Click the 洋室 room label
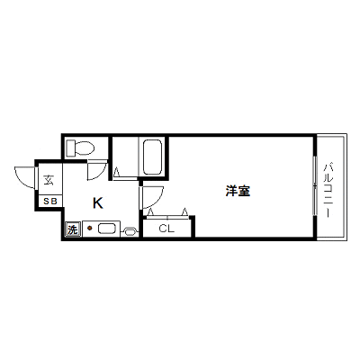238,191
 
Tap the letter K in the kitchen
98,203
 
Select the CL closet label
166,229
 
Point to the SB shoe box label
50,202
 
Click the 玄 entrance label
49,180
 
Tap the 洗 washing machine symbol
72,229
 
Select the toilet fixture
81,148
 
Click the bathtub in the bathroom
153,157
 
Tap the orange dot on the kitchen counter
89,229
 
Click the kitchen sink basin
107,229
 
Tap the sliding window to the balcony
314,185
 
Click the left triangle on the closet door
151,212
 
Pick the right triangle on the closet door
185,212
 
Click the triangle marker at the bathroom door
117,172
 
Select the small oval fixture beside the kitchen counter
130,231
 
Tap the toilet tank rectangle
70,148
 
